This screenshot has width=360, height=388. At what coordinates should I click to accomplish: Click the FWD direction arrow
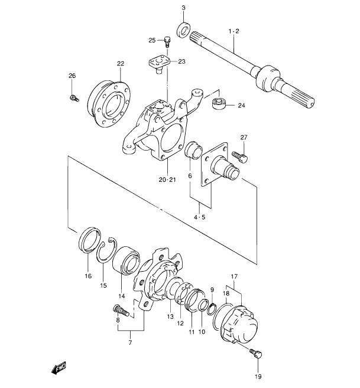click(59, 368)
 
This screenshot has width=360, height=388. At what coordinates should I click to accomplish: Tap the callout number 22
click(121, 64)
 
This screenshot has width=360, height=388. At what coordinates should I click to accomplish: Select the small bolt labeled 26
click(73, 98)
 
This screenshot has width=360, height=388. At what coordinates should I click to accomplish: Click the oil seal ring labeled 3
click(184, 31)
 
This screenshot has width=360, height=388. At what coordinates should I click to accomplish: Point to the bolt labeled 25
click(167, 41)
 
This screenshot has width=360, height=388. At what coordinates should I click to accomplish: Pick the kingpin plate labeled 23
click(159, 64)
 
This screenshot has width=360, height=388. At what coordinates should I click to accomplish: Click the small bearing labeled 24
click(219, 103)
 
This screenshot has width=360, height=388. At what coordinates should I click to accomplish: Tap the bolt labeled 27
click(239, 156)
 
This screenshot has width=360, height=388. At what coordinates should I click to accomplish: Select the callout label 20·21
click(167, 180)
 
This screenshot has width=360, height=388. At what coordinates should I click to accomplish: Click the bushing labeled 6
click(193, 149)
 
